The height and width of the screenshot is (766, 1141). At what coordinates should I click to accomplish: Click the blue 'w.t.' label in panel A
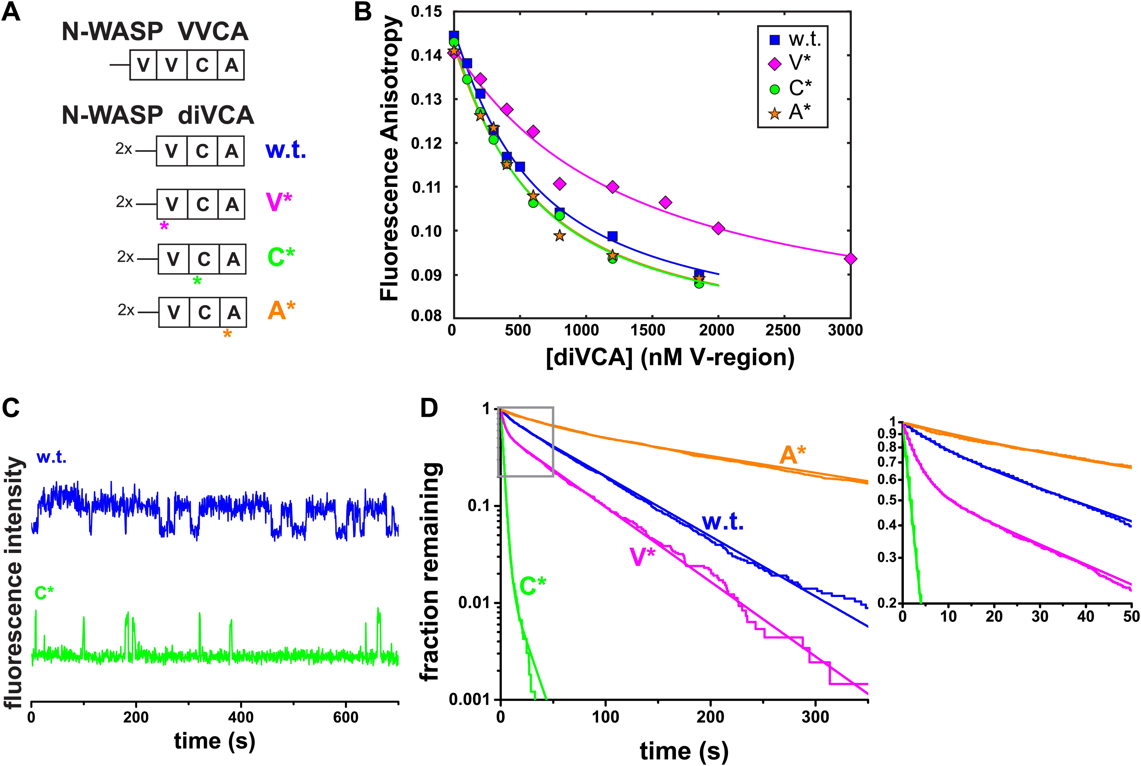point(285,151)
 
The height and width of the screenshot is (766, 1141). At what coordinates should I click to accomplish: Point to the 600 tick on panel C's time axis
point(346,717)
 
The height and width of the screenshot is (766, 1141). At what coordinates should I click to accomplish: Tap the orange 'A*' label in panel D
point(792,455)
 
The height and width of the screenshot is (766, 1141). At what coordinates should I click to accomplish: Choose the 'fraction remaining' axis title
point(431,572)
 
